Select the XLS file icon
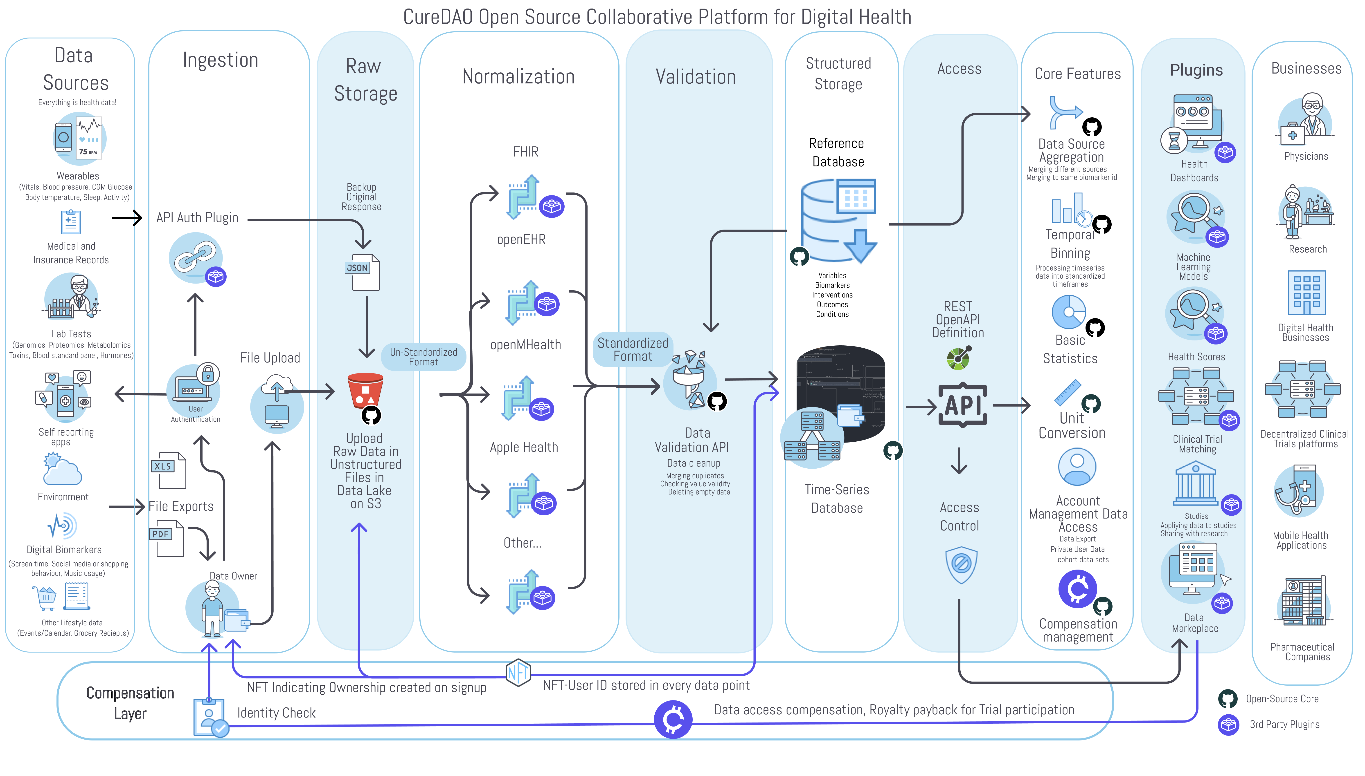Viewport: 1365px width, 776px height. (x=169, y=471)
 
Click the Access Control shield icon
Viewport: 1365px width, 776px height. (x=961, y=564)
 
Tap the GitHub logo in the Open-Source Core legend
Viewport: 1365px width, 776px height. (x=1228, y=699)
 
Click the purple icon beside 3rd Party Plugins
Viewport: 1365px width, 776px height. (x=1228, y=724)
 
